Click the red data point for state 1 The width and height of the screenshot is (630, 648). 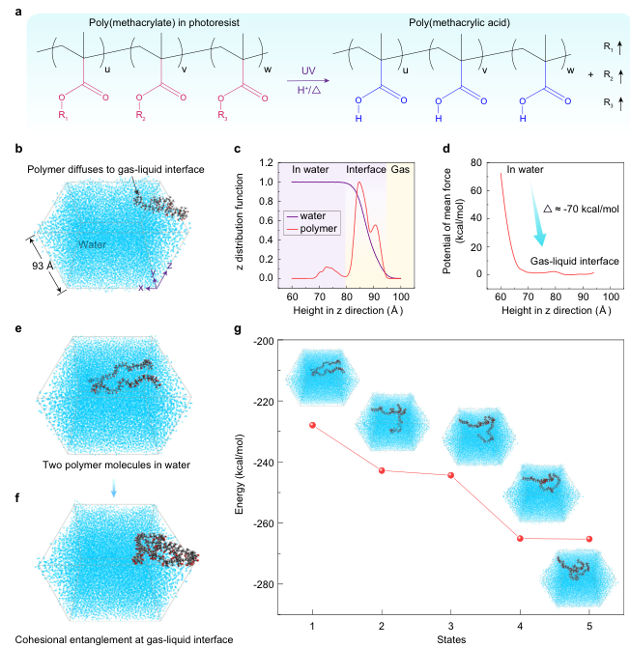point(312,425)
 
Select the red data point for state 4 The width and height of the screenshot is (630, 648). point(520,539)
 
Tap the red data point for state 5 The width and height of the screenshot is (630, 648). point(589,539)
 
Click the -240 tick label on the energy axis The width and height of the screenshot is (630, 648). point(262,463)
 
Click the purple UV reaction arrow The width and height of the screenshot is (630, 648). point(308,81)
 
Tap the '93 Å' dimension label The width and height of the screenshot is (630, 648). point(43,266)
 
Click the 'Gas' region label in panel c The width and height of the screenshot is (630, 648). point(400,169)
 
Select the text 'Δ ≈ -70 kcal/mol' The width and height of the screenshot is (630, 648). point(581,210)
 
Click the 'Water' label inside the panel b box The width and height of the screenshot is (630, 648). point(92,244)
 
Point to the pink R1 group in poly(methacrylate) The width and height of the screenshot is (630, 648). point(63,115)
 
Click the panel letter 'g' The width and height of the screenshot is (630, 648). point(238,329)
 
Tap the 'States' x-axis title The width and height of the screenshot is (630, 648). point(451,639)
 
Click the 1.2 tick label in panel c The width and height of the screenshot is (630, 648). point(267,163)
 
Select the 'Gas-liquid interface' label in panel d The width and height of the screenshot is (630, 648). point(575,261)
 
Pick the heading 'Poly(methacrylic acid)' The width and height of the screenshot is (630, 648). point(459,23)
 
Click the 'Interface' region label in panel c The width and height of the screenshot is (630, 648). point(366,169)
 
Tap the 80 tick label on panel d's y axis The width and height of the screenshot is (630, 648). point(476,163)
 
